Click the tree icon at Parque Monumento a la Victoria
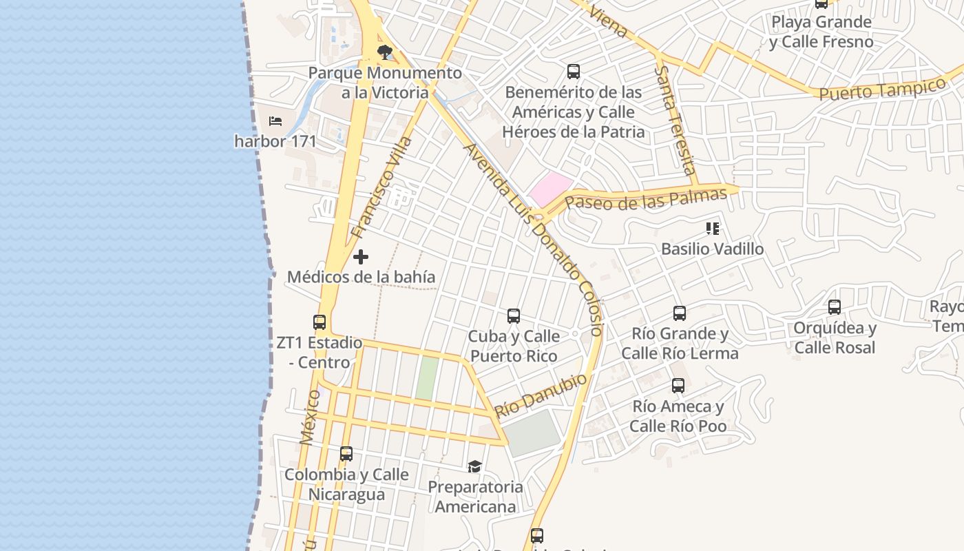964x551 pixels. (385, 52)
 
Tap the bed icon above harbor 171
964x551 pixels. (275, 121)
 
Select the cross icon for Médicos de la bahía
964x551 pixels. (360, 257)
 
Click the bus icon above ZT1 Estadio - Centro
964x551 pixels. (319, 322)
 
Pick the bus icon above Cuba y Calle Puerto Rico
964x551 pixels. (514, 316)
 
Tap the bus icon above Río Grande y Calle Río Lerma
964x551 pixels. (680, 313)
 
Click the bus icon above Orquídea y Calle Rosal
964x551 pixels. (835, 307)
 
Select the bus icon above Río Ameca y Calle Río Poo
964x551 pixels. (678, 386)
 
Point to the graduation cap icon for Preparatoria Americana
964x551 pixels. (474, 467)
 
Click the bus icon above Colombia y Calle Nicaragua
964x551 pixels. (346, 454)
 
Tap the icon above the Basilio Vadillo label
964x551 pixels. (712, 228)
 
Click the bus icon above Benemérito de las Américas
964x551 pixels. (574, 71)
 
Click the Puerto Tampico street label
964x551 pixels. (883, 89)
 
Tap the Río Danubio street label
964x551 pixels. (541, 395)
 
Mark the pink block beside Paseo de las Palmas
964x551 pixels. (550, 188)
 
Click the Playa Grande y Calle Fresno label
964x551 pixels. (821, 32)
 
